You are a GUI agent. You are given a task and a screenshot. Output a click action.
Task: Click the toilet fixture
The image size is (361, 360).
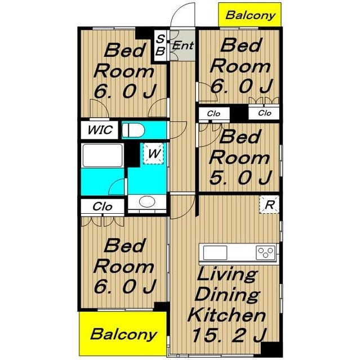(x=133, y=130)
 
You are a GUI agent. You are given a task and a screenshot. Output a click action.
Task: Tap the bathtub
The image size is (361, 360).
(x=102, y=155)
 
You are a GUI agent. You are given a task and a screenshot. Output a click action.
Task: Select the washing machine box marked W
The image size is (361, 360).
(x=153, y=154)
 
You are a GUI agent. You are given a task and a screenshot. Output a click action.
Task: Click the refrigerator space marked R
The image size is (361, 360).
(x=269, y=205)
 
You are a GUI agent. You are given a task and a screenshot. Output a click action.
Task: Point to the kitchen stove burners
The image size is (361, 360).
(x=266, y=253)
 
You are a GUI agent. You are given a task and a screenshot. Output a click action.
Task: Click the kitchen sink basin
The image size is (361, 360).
(x=215, y=253)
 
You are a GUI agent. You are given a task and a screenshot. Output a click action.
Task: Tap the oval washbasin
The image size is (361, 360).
(x=147, y=201)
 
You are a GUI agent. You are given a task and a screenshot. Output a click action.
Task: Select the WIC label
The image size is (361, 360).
(x=100, y=130)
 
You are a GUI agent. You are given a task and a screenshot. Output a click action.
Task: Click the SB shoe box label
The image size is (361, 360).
(x=160, y=45)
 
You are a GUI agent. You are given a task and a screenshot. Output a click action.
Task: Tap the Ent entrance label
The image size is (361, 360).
(x=183, y=46)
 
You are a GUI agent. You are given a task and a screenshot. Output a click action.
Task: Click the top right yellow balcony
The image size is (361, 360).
(x=250, y=15)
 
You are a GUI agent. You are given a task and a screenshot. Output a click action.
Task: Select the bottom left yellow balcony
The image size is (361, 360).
(x=123, y=334)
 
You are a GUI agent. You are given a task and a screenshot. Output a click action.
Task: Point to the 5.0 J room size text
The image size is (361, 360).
(x=240, y=178)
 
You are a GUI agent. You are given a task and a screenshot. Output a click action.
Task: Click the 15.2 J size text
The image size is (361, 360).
(x=229, y=335)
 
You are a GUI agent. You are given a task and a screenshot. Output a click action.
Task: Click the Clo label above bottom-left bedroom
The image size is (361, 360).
(x=102, y=206)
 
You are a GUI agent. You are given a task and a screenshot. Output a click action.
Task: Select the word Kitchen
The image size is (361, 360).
(x=227, y=314)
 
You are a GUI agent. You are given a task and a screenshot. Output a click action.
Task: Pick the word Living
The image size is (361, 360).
(x=227, y=274)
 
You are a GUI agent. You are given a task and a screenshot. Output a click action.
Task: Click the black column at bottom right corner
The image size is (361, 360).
(x=271, y=350)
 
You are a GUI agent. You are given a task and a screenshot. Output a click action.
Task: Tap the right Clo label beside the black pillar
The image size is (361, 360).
(x=265, y=113)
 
